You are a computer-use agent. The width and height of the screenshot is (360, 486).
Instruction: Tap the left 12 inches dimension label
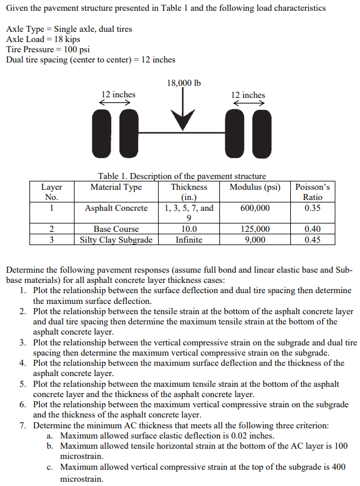pyautogui.click(x=118, y=94)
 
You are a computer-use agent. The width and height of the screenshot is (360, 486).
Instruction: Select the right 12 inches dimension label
pyautogui.click(x=248, y=95)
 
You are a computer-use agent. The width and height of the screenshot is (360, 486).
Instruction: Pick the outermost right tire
pyautogui.click(x=267, y=127)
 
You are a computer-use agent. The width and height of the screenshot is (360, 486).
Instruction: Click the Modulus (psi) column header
pyautogui.click(x=255, y=187)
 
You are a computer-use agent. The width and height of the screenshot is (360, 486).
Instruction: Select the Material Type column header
pyautogui.click(x=116, y=187)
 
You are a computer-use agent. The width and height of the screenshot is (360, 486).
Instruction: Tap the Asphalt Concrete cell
pyautogui.click(x=116, y=208)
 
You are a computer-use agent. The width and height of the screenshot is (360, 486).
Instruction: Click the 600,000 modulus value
pyautogui.click(x=255, y=208)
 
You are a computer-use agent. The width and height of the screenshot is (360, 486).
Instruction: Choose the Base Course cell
pyautogui.click(x=116, y=229)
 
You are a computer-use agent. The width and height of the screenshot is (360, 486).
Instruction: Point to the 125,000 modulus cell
pyautogui.click(x=255, y=229)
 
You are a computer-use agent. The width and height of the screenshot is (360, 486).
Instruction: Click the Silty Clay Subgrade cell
pyautogui.click(x=116, y=240)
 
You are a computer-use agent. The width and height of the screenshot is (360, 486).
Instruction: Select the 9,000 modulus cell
pyautogui.click(x=255, y=240)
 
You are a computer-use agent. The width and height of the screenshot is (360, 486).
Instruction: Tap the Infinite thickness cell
pyautogui.click(x=189, y=240)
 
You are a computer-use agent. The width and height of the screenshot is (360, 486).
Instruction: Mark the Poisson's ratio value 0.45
pyautogui.click(x=313, y=240)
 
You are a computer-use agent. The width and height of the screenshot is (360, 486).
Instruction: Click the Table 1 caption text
pyautogui.click(x=182, y=176)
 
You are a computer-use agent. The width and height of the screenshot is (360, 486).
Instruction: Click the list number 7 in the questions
pyautogui.click(x=22, y=425)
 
